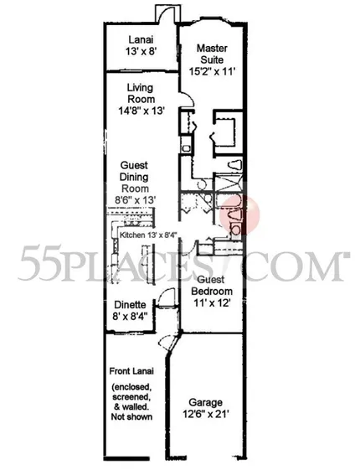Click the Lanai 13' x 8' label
141,45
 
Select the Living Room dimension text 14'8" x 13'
141,111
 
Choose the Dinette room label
130,305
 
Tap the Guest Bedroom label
212,286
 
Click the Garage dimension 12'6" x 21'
206,414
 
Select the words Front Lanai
131,371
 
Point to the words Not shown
131,416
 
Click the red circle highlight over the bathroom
239,214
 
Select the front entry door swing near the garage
168,340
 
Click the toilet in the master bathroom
234,165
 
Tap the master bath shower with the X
229,182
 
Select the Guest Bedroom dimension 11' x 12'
212,303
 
